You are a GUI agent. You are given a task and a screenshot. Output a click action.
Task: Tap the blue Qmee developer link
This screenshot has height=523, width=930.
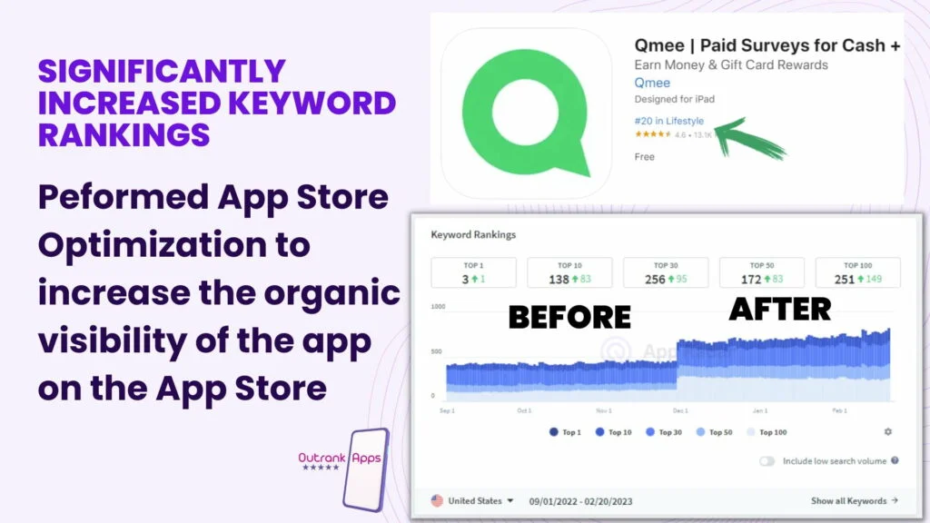[x=652, y=83]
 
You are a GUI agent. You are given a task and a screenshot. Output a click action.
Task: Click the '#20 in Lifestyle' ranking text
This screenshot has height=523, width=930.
[x=668, y=120]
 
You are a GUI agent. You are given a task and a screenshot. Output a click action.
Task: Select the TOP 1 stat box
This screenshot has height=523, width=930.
[x=472, y=272]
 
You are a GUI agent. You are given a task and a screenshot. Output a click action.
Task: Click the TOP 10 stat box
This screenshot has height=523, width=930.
[x=569, y=272]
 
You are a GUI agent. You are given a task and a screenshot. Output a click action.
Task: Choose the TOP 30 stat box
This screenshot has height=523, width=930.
[x=666, y=272]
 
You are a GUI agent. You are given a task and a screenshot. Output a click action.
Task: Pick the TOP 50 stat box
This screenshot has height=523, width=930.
[x=762, y=272]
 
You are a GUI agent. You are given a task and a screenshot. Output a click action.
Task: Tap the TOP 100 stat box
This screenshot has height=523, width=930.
[x=857, y=272]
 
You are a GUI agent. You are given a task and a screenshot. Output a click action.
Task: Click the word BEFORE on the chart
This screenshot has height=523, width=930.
[x=569, y=316]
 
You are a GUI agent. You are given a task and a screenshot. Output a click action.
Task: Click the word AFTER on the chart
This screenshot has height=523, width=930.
[x=779, y=310]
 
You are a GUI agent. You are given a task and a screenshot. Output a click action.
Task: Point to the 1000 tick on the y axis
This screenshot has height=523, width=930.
[x=439, y=307]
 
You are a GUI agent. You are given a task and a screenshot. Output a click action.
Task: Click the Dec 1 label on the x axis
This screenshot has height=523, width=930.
[x=681, y=410]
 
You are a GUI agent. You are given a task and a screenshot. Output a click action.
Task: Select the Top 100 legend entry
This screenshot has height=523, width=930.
[x=767, y=432]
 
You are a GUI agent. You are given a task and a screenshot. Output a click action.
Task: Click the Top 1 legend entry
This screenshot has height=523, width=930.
[x=565, y=432]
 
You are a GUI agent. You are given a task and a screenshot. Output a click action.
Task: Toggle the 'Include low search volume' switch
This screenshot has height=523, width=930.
[x=767, y=461]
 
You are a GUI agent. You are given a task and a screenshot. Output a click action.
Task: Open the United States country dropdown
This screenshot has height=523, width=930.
[x=472, y=500]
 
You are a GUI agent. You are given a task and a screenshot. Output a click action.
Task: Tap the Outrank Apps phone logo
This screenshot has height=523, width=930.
[x=363, y=467]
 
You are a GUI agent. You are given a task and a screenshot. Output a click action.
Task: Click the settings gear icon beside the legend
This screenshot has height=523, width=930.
[x=887, y=432]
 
